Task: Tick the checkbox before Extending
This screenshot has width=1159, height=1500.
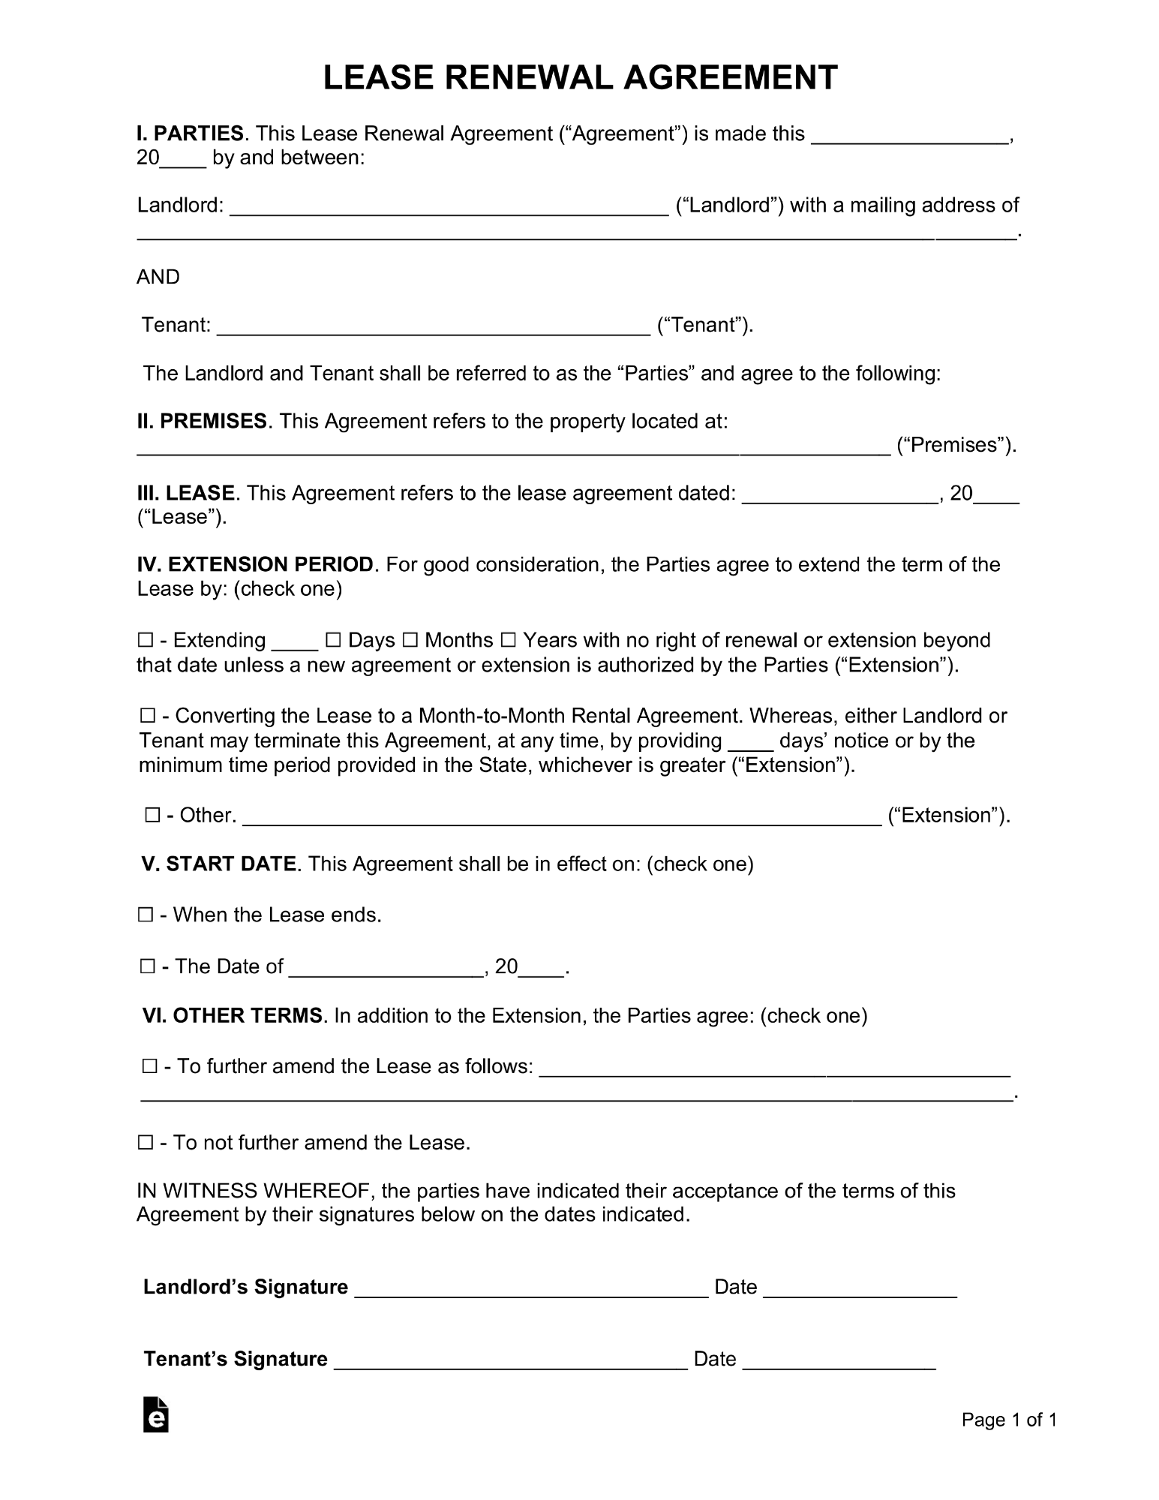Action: [146, 641]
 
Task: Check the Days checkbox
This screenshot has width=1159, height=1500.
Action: [333, 641]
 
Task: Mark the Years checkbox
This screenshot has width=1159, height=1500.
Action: [508, 641]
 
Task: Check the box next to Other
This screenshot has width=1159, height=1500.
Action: [152, 816]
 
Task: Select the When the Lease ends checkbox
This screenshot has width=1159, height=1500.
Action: [146, 915]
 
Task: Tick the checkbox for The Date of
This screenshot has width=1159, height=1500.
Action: [147, 966]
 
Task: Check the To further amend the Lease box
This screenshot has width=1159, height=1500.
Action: [149, 1066]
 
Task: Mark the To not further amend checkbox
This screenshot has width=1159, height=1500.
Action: [146, 1143]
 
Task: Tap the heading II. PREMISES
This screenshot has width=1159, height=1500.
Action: [202, 421]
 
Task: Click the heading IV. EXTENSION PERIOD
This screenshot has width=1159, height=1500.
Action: [255, 564]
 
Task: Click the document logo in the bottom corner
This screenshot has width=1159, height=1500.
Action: [156, 1414]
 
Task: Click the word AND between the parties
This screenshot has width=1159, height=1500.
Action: [158, 277]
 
